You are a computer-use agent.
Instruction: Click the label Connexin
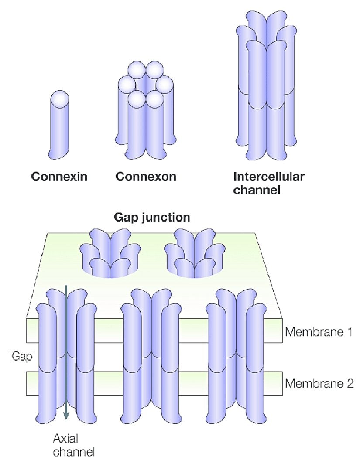point(59,177)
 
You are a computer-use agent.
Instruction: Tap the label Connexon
point(146,177)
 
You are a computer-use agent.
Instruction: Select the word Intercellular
point(269,177)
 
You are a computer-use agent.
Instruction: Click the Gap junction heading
point(152,217)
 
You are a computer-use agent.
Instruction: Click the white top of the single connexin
point(60,99)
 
